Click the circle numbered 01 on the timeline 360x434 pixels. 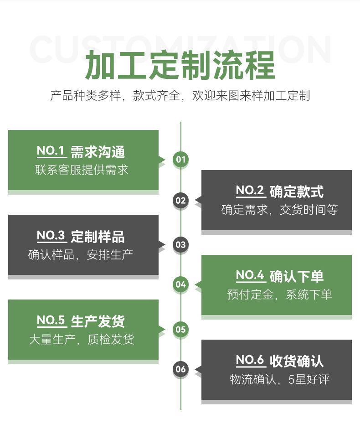pos(181,159)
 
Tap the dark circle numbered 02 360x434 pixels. pos(181,200)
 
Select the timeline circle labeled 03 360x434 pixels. pos(181,244)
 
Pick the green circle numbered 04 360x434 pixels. pos(181,284)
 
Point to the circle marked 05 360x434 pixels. pos(181,329)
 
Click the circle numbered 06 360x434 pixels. pos(181,369)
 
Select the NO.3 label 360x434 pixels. pos(51,236)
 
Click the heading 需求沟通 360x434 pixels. pos(98,152)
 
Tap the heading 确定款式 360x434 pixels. pos(296,191)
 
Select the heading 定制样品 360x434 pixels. pos(98,237)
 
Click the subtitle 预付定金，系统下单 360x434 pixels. pos(279,294)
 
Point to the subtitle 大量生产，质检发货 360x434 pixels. pos(82,339)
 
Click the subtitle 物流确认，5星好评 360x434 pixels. pos(279,379)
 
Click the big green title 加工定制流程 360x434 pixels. pos(180,65)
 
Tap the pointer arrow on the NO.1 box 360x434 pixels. pos(162,160)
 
